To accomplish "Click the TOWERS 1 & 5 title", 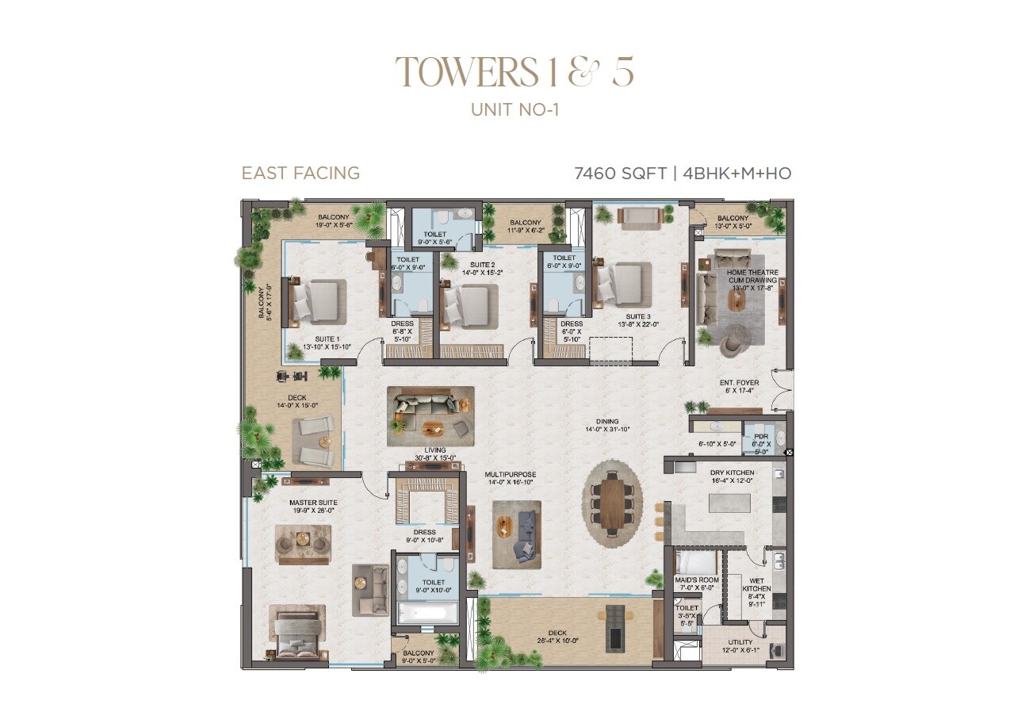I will tap(514, 72).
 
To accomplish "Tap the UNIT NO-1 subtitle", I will tap(514, 110).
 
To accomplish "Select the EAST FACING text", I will tap(300, 173).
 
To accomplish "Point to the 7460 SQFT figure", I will tap(620, 174).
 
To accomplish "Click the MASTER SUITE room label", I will tap(313, 503).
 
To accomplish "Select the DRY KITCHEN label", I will tap(732, 473).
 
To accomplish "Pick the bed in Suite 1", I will tap(316, 301).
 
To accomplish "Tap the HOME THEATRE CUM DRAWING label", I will tap(752, 276).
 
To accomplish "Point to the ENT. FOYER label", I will tap(739, 382).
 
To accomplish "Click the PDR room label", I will tap(761, 436).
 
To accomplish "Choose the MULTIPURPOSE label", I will tap(510, 475).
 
